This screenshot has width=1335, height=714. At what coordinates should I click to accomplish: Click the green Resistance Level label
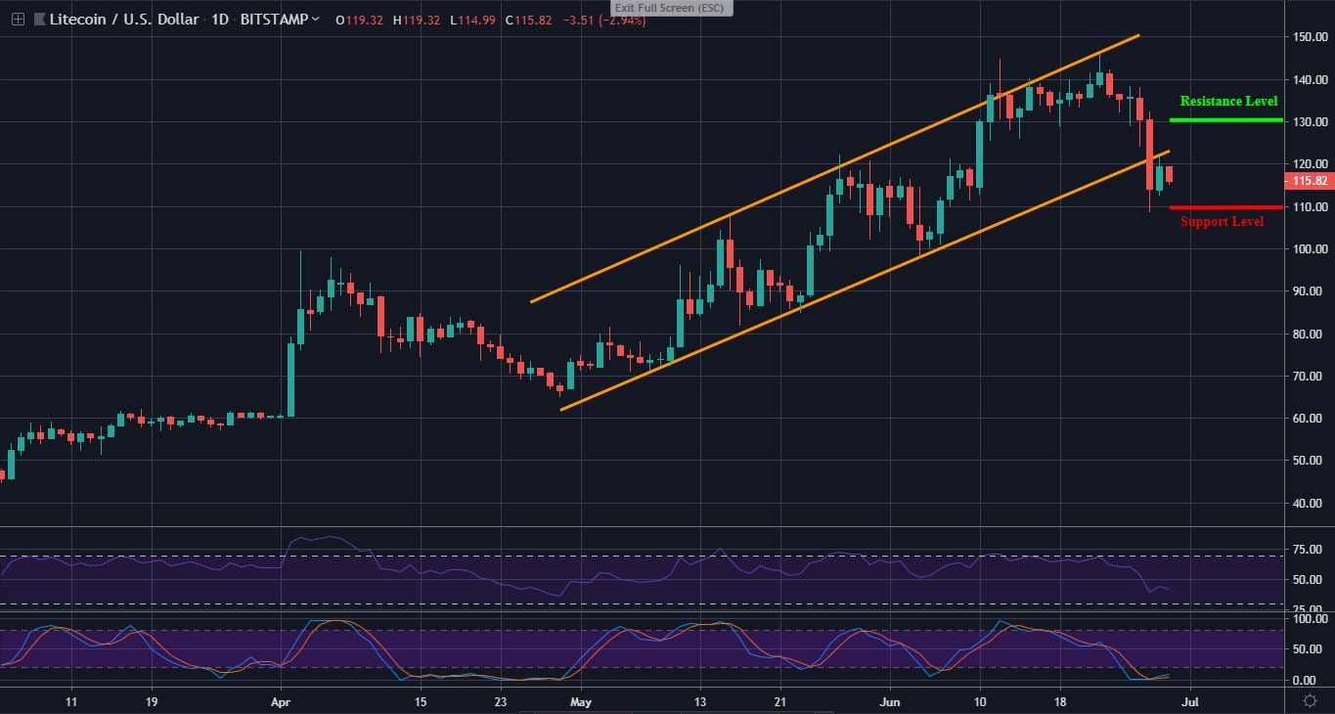point(1228,102)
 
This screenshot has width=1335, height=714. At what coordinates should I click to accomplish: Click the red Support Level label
point(1222,222)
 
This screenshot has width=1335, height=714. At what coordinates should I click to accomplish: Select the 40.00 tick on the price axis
point(1309,504)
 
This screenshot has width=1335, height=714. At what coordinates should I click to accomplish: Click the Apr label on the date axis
point(281,701)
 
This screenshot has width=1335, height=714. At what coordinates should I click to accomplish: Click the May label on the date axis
point(581,701)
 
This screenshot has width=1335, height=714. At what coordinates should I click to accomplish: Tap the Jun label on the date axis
point(889,701)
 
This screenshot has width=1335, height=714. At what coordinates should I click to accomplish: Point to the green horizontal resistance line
point(1212,120)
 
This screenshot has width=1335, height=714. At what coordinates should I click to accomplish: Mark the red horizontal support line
point(1212,207)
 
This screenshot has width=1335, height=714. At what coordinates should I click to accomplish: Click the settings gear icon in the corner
point(1310,700)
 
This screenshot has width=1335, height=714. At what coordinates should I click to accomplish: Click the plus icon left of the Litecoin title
point(18,20)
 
